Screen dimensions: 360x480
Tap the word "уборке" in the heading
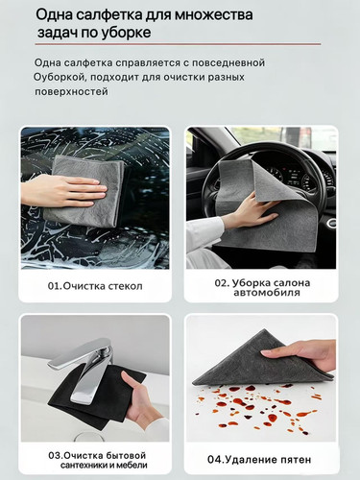[126, 33]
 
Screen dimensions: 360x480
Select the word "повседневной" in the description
[228, 62]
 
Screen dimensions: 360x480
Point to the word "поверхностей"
[71, 91]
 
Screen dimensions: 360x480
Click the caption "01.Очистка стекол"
[95, 286]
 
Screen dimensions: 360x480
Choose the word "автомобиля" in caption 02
[267, 293]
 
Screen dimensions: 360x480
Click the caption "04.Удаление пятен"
[259, 460]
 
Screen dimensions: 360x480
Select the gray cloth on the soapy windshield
[84, 191]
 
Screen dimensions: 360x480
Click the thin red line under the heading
[178, 44]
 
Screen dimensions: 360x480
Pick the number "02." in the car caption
[222, 283]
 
